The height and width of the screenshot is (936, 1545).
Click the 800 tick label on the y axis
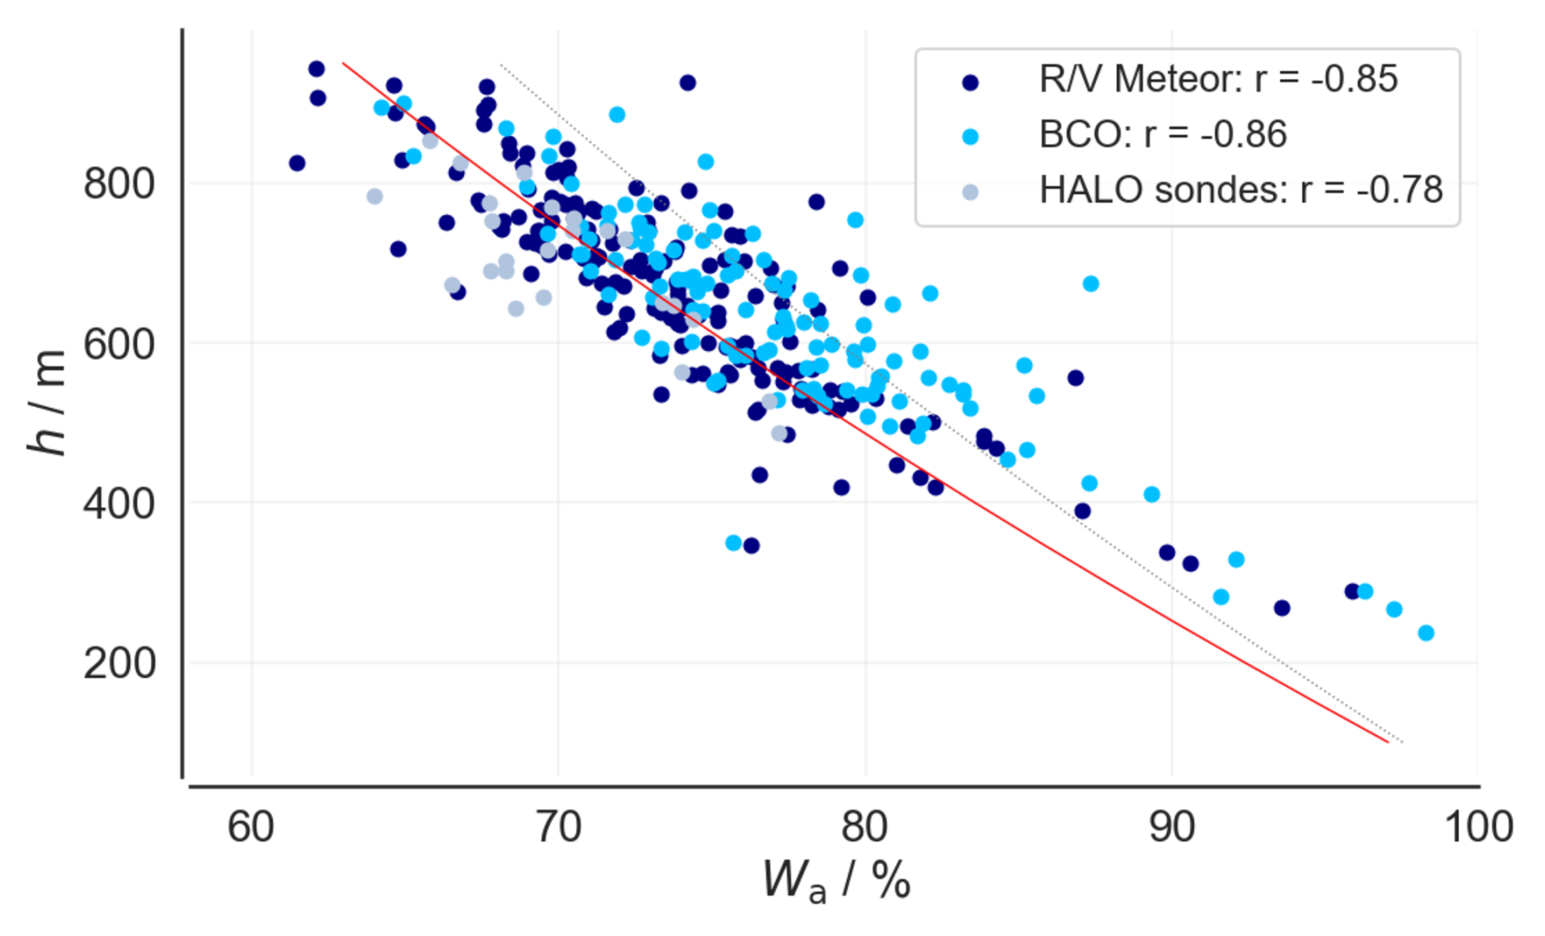click(119, 184)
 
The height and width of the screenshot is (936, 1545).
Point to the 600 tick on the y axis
click(119, 344)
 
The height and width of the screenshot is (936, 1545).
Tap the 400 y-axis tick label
click(119, 503)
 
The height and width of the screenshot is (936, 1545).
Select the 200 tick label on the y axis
click(119, 663)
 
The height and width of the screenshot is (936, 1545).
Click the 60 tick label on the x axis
click(251, 827)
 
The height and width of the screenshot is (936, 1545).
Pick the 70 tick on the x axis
click(558, 827)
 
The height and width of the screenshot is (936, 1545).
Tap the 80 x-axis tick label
click(865, 827)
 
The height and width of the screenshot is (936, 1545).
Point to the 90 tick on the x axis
click(1172, 827)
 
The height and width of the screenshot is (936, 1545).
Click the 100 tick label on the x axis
click(1479, 827)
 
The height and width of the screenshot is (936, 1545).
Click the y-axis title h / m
click(46, 402)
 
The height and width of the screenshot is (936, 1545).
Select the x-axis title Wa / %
click(836, 881)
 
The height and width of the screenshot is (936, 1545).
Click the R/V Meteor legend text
click(1218, 79)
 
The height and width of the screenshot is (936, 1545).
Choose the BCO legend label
click(1163, 134)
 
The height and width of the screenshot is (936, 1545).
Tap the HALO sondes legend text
click(1241, 189)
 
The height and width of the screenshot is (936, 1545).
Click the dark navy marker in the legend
click(970, 82)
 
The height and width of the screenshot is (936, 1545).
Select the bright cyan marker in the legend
click(970, 137)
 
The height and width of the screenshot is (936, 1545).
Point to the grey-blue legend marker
click(970, 193)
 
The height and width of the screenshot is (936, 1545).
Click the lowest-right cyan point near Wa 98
click(1426, 633)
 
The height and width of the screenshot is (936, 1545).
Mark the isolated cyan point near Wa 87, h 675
click(1090, 284)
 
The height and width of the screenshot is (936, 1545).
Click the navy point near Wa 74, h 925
click(688, 82)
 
